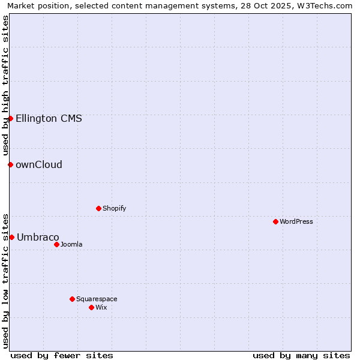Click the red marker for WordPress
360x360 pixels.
275,221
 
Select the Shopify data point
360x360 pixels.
98,208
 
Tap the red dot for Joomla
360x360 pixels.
56,244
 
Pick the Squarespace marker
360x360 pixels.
72,299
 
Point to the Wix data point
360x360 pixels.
91,307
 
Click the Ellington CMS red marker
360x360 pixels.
10,118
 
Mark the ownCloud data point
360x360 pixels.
10,164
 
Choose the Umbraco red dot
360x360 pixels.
11,237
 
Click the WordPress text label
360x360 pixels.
296,221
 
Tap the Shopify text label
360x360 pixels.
114,208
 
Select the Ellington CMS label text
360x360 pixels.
49,118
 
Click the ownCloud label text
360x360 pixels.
39,164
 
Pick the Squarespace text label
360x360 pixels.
97,299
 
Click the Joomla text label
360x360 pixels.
71,244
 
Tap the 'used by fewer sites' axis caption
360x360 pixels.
62,355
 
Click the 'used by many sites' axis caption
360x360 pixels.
301,355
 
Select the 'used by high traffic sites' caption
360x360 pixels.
5,85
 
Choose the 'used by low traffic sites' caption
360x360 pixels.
5,281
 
